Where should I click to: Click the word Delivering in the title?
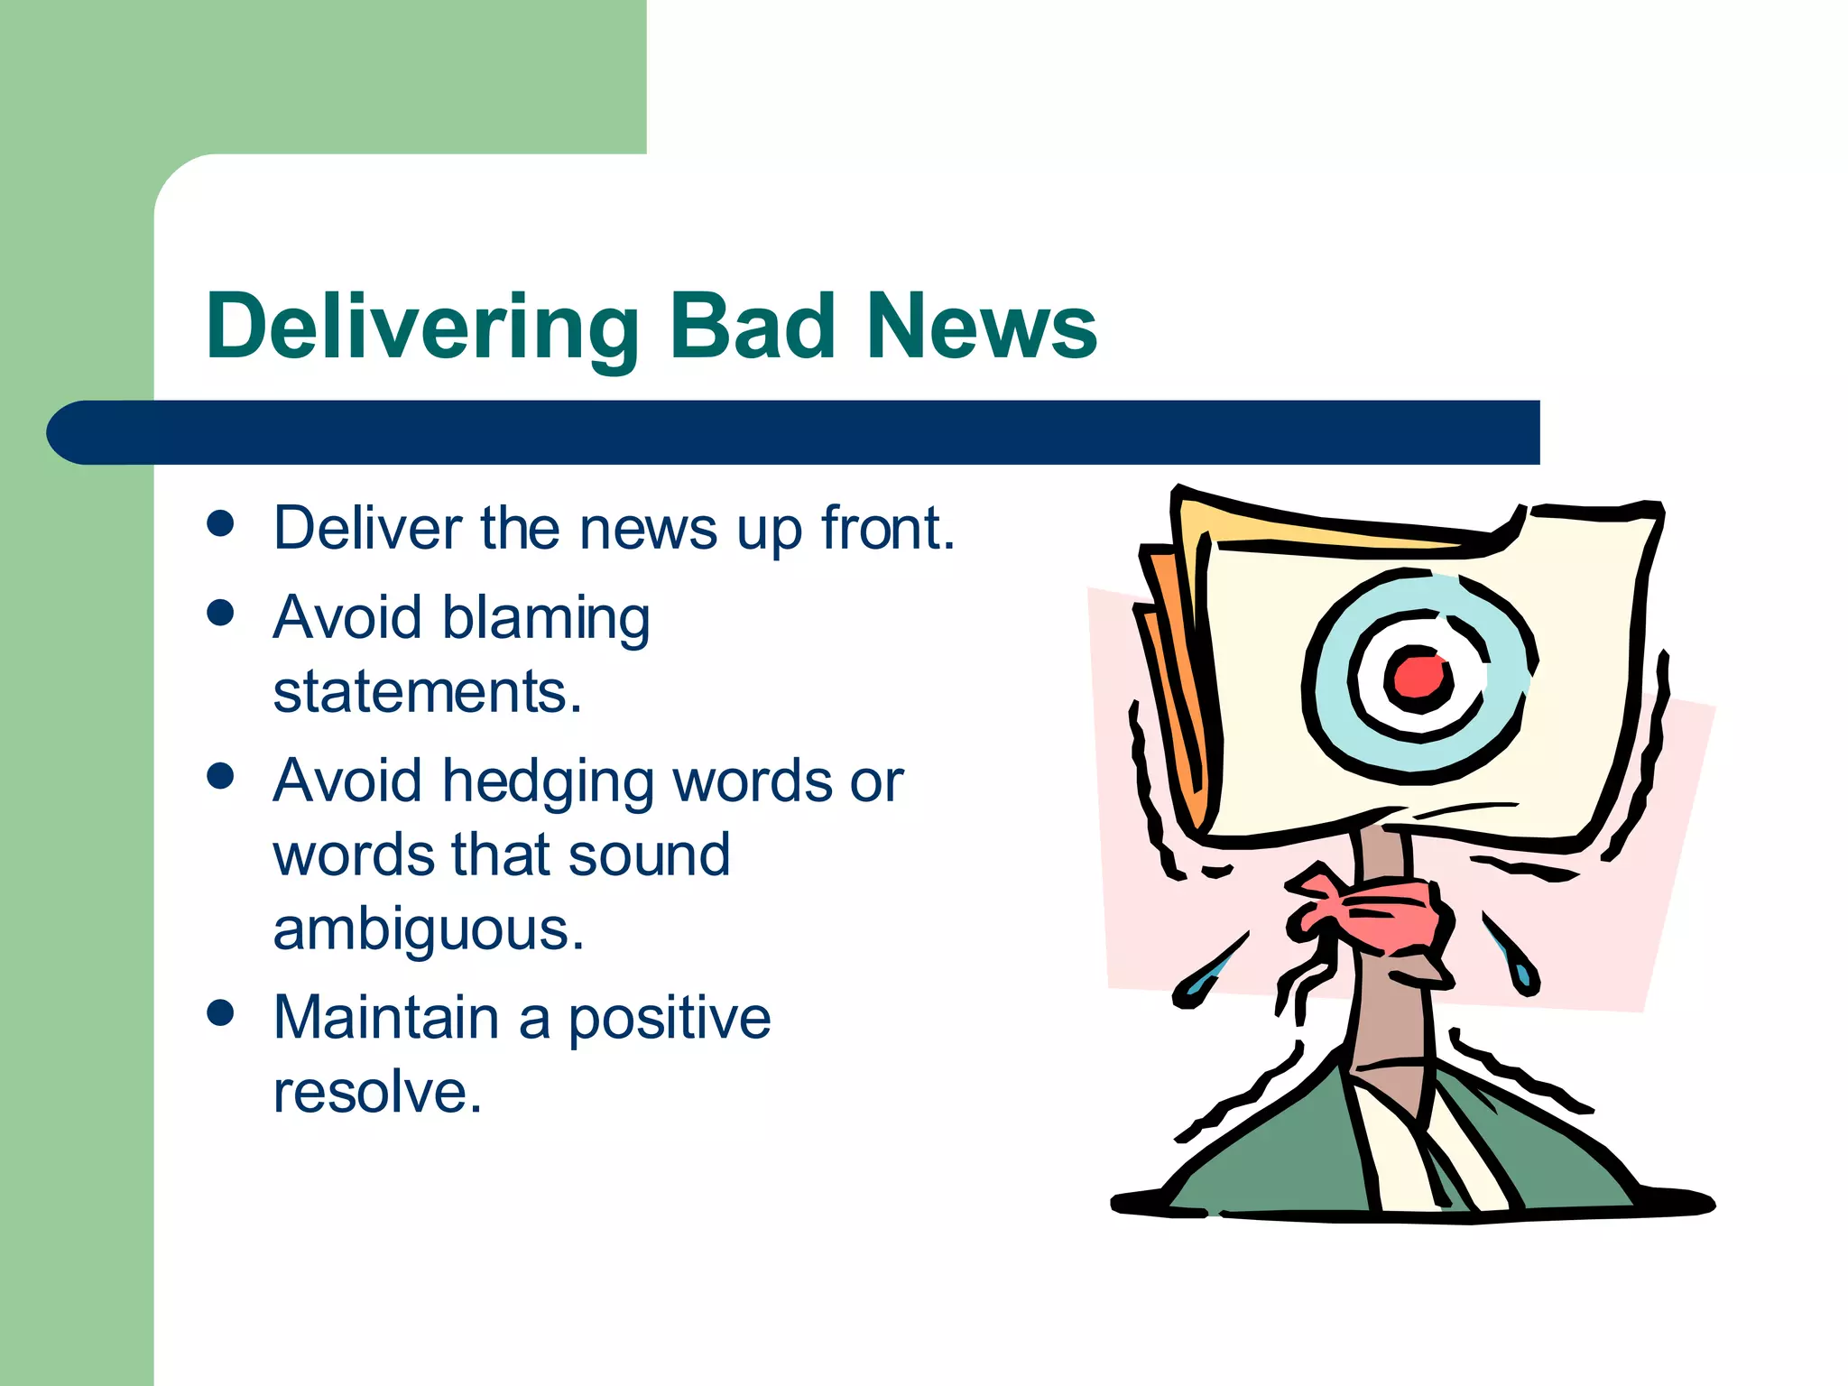(422, 328)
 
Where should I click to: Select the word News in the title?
(981, 327)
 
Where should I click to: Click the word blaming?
(546, 620)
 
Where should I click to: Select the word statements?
(427, 693)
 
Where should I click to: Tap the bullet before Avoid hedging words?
(220, 776)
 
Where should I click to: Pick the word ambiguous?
(429, 929)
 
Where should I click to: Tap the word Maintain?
(386, 1018)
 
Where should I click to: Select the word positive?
(669, 1020)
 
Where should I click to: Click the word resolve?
(377, 1092)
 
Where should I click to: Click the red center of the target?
(1417, 677)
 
